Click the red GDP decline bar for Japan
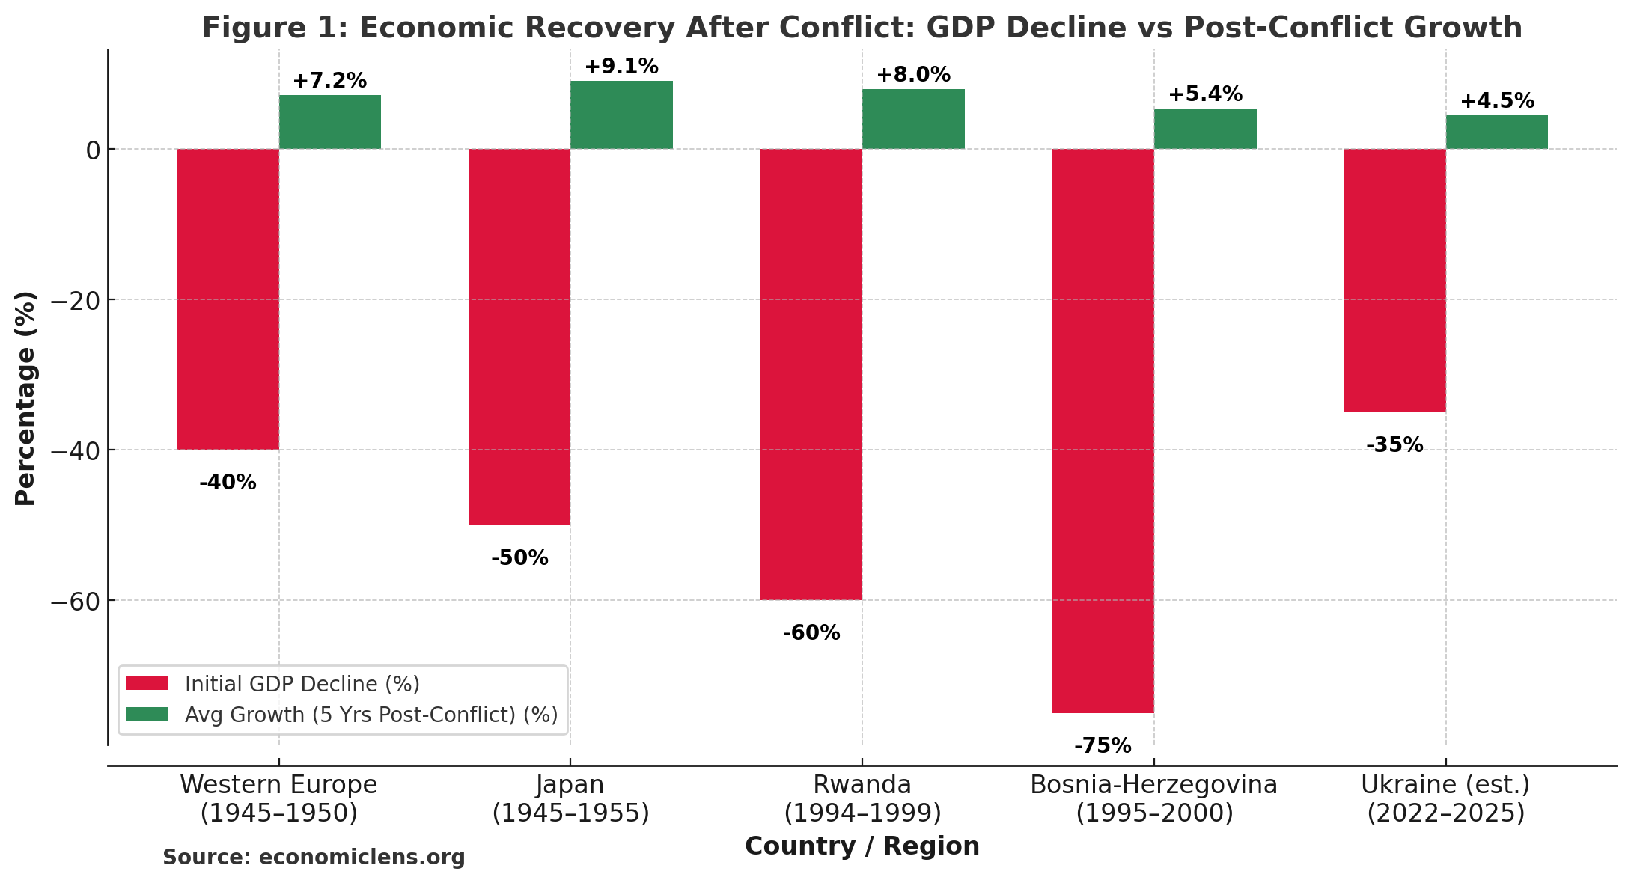pyautogui.click(x=519, y=337)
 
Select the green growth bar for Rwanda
pyautogui.click(x=912, y=119)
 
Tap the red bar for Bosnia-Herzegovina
pyautogui.click(x=1103, y=430)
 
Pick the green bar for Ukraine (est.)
pyautogui.click(x=1496, y=132)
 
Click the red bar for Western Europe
pyautogui.click(x=228, y=299)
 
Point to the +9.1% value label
pyautogui.click(x=621, y=67)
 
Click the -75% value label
pyautogui.click(x=1103, y=746)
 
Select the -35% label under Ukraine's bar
pyautogui.click(x=1394, y=445)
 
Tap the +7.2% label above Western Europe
pyautogui.click(x=329, y=81)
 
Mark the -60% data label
pyautogui.click(x=811, y=633)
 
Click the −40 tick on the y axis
pyautogui.click(x=75, y=450)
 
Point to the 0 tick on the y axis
pyautogui.click(x=93, y=150)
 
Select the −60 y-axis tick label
pyautogui.click(x=75, y=601)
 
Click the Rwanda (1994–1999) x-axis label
pyautogui.click(x=862, y=798)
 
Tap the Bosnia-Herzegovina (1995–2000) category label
pyautogui.click(x=1153, y=798)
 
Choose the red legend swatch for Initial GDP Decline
pyautogui.click(x=147, y=683)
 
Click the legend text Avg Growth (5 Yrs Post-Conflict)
pyautogui.click(x=371, y=715)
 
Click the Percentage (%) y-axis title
pyautogui.click(x=25, y=398)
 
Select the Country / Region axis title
pyautogui.click(x=862, y=846)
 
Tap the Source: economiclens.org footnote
pyautogui.click(x=314, y=858)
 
